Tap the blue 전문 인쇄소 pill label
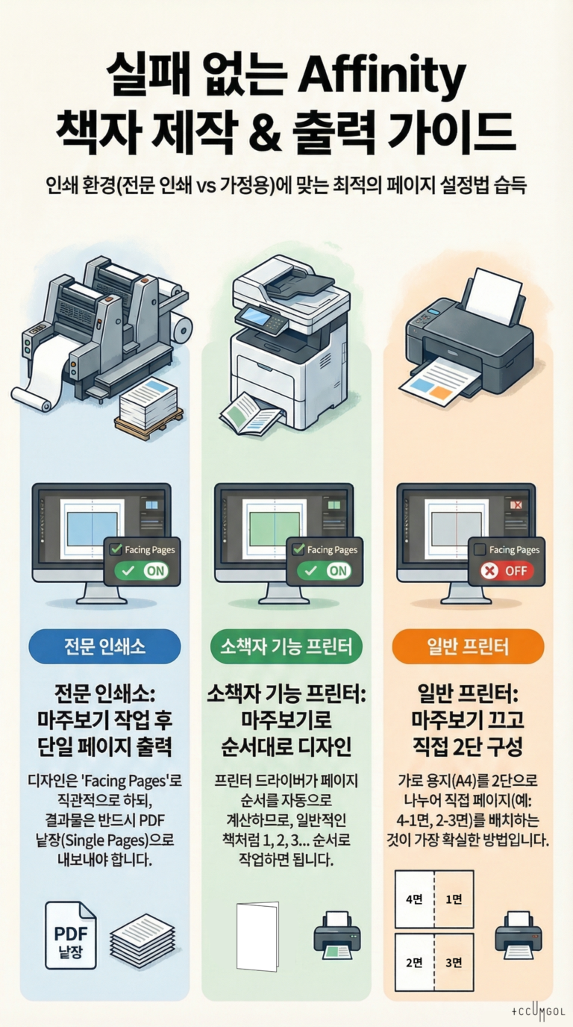[104, 646]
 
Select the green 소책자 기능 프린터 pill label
[286, 646]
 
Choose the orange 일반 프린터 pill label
[468, 646]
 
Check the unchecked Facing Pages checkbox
[480, 549]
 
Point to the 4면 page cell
[414, 899]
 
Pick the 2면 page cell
[414, 961]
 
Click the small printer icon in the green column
[336, 933]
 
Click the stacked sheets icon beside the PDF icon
[142, 934]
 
